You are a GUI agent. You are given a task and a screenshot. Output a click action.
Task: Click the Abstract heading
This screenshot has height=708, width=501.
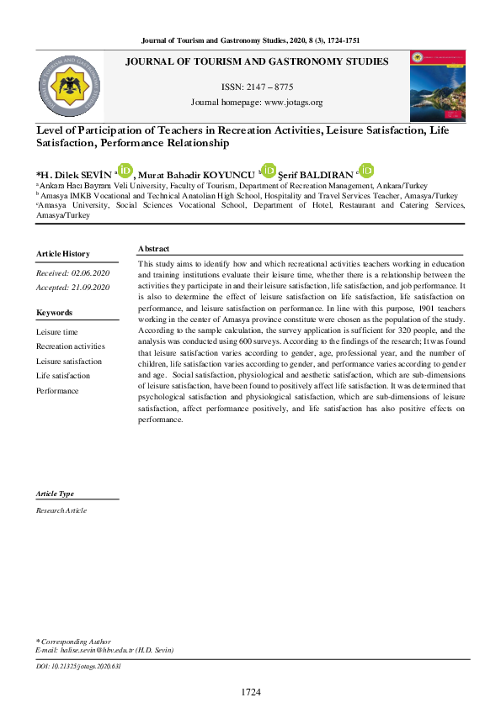(153, 249)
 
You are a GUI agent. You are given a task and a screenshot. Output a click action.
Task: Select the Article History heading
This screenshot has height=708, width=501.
(63, 254)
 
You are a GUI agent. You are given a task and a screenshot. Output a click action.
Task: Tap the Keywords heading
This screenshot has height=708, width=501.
(55, 313)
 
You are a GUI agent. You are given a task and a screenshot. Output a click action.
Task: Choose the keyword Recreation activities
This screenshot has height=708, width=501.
(71, 346)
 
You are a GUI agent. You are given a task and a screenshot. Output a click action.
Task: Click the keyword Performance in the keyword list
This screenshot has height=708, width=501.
(57, 391)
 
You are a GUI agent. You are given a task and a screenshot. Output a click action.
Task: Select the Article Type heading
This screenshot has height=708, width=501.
(55, 494)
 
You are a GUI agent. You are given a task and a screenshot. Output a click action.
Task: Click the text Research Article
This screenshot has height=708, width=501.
(61, 510)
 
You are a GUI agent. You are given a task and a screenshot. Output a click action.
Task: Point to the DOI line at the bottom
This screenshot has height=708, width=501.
(79, 666)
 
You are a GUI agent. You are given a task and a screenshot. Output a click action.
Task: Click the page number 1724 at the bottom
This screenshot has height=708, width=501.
(251, 691)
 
